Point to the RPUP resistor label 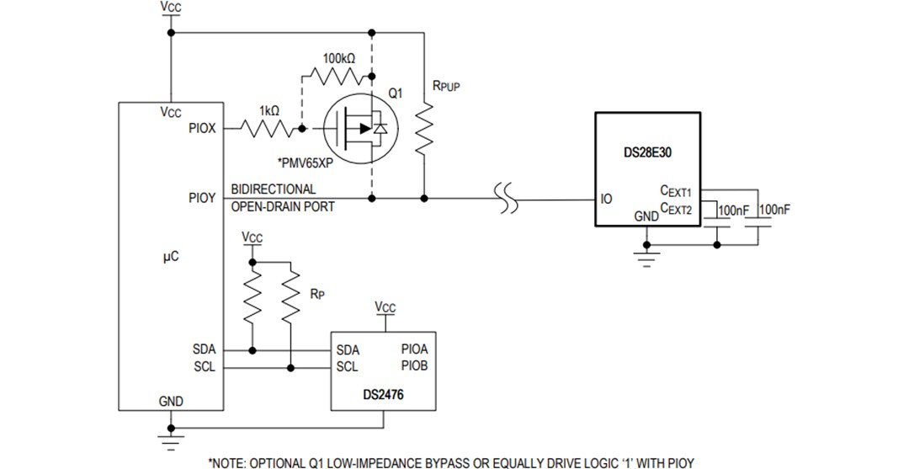[x=445, y=86]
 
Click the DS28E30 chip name [x=647, y=154]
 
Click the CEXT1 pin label [x=675, y=193]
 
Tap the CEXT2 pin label [x=675, y=208]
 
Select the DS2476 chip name [x=383, y=393]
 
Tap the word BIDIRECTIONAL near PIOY [x=274, y=189]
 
